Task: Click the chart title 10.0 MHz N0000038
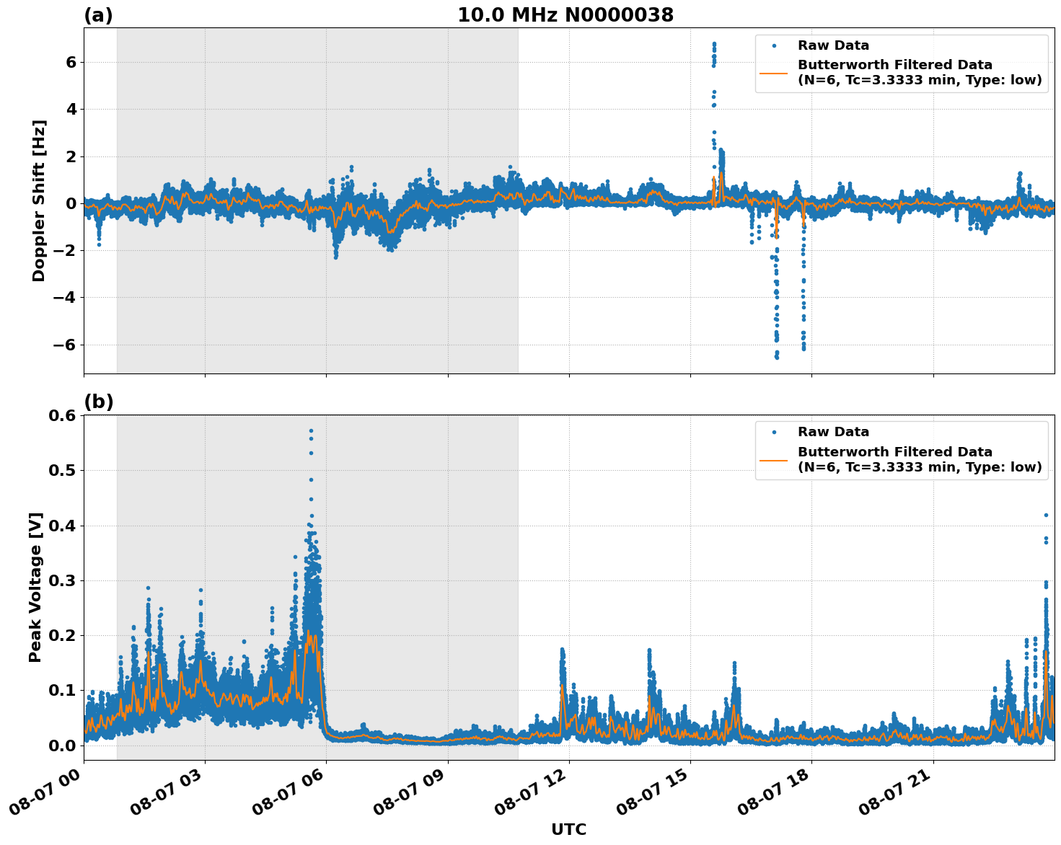pyautogui.click(x=565, y=15)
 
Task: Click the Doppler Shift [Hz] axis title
pyautogui.click(x=39, y=200)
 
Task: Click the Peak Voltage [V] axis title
pyautogui.click(x=36, y=587)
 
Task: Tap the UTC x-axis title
pyautogui.click(x=568, y=829)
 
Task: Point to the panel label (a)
pyautogui.click(x=98, y=15)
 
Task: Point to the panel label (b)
pyautogui.click(x=98, y=402)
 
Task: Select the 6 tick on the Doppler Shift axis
pyautogui.click(x=71, y=63)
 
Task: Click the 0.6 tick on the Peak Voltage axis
pyautogui.click(x=61, y=416)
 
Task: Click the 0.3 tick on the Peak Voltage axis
pyautogui.click(x=61, y=581)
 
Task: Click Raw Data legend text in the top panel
pyautogui.click(x=833, y=46)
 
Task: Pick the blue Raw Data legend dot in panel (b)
pyautogui.click(x=774, y=433)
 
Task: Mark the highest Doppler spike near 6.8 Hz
pyautogui.click(x=714, y=44)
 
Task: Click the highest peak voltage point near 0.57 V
pyautogui.click(x=311, y=431)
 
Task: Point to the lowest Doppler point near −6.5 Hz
pyautogui.click(x=777, y=357)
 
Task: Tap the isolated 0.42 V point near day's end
pyautogui.click(x=1046, y=515)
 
